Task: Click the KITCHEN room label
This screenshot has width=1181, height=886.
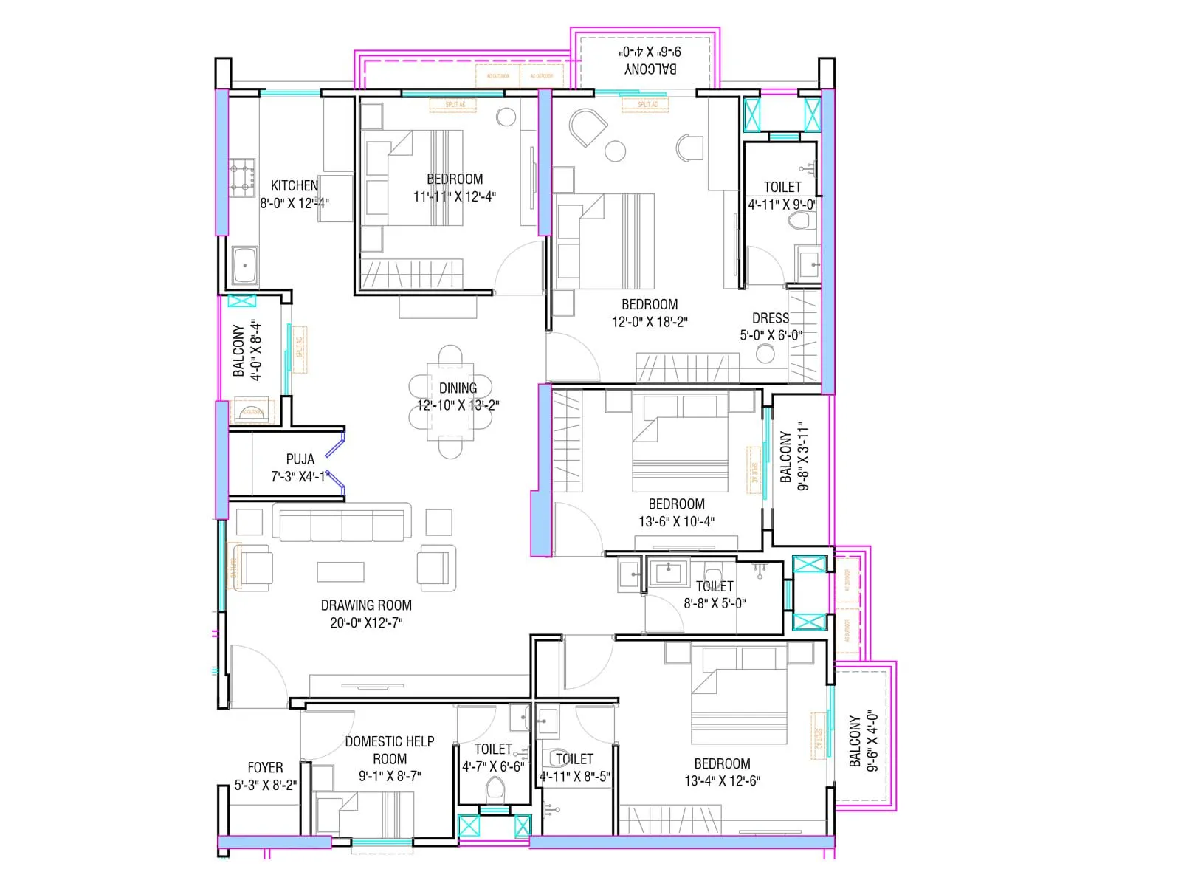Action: tap(295, 186)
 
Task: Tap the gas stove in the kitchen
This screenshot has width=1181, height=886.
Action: tap(242, 177)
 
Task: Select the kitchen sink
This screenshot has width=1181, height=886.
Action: tap(244, 265)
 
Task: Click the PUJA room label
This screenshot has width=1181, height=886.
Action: tap(300, 459)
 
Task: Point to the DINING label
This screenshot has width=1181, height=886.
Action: tap(458, 388)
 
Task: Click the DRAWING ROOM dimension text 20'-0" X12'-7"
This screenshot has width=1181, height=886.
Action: tap(366, 623)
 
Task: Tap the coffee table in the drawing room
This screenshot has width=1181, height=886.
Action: tap(340, 571)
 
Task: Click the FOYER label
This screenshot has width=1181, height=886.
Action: tap(265, 768)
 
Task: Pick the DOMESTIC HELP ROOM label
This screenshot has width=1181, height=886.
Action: tap(390, 750)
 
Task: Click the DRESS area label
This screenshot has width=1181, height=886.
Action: tap(771, 318)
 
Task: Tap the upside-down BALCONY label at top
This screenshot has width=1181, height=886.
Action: tap(650, 69)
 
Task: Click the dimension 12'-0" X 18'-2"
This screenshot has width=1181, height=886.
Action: tap(650, 322)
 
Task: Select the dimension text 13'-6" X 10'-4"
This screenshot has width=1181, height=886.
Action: tap(676, 522)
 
